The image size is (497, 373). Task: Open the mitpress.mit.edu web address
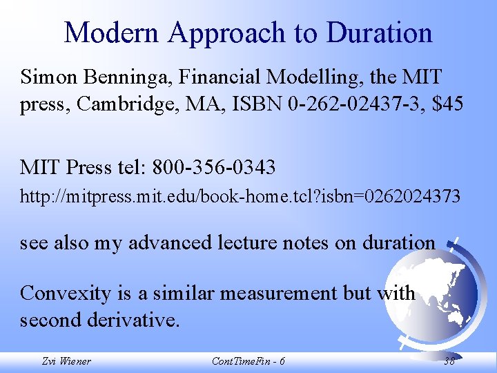pyautogui.click(x=240, y=198)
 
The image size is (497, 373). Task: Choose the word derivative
pyautogui.click(x=135, y=321)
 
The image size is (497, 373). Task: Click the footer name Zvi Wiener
pyautogui.click(x=66, y=361)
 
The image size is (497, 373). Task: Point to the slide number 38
pyautogui.click(x=449, y=361)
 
